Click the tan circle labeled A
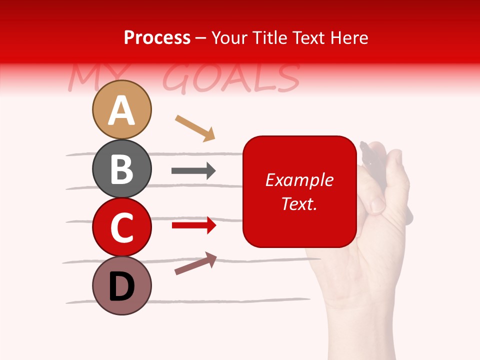coord(121,109)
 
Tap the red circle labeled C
coord(121,227)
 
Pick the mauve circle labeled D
coord(121,285)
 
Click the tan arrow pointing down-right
coord(195,128)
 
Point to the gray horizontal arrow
coord(193,171)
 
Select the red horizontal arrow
coord(194,226)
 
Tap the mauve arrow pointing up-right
coord(195,263)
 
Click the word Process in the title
coord(157,37)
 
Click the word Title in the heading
coord(269,37)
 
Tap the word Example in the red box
coord(299,180)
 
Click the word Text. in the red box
coord(299,203)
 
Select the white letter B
coord(121,169)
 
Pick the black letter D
coord(121,286)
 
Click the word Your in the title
coord(230,37)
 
